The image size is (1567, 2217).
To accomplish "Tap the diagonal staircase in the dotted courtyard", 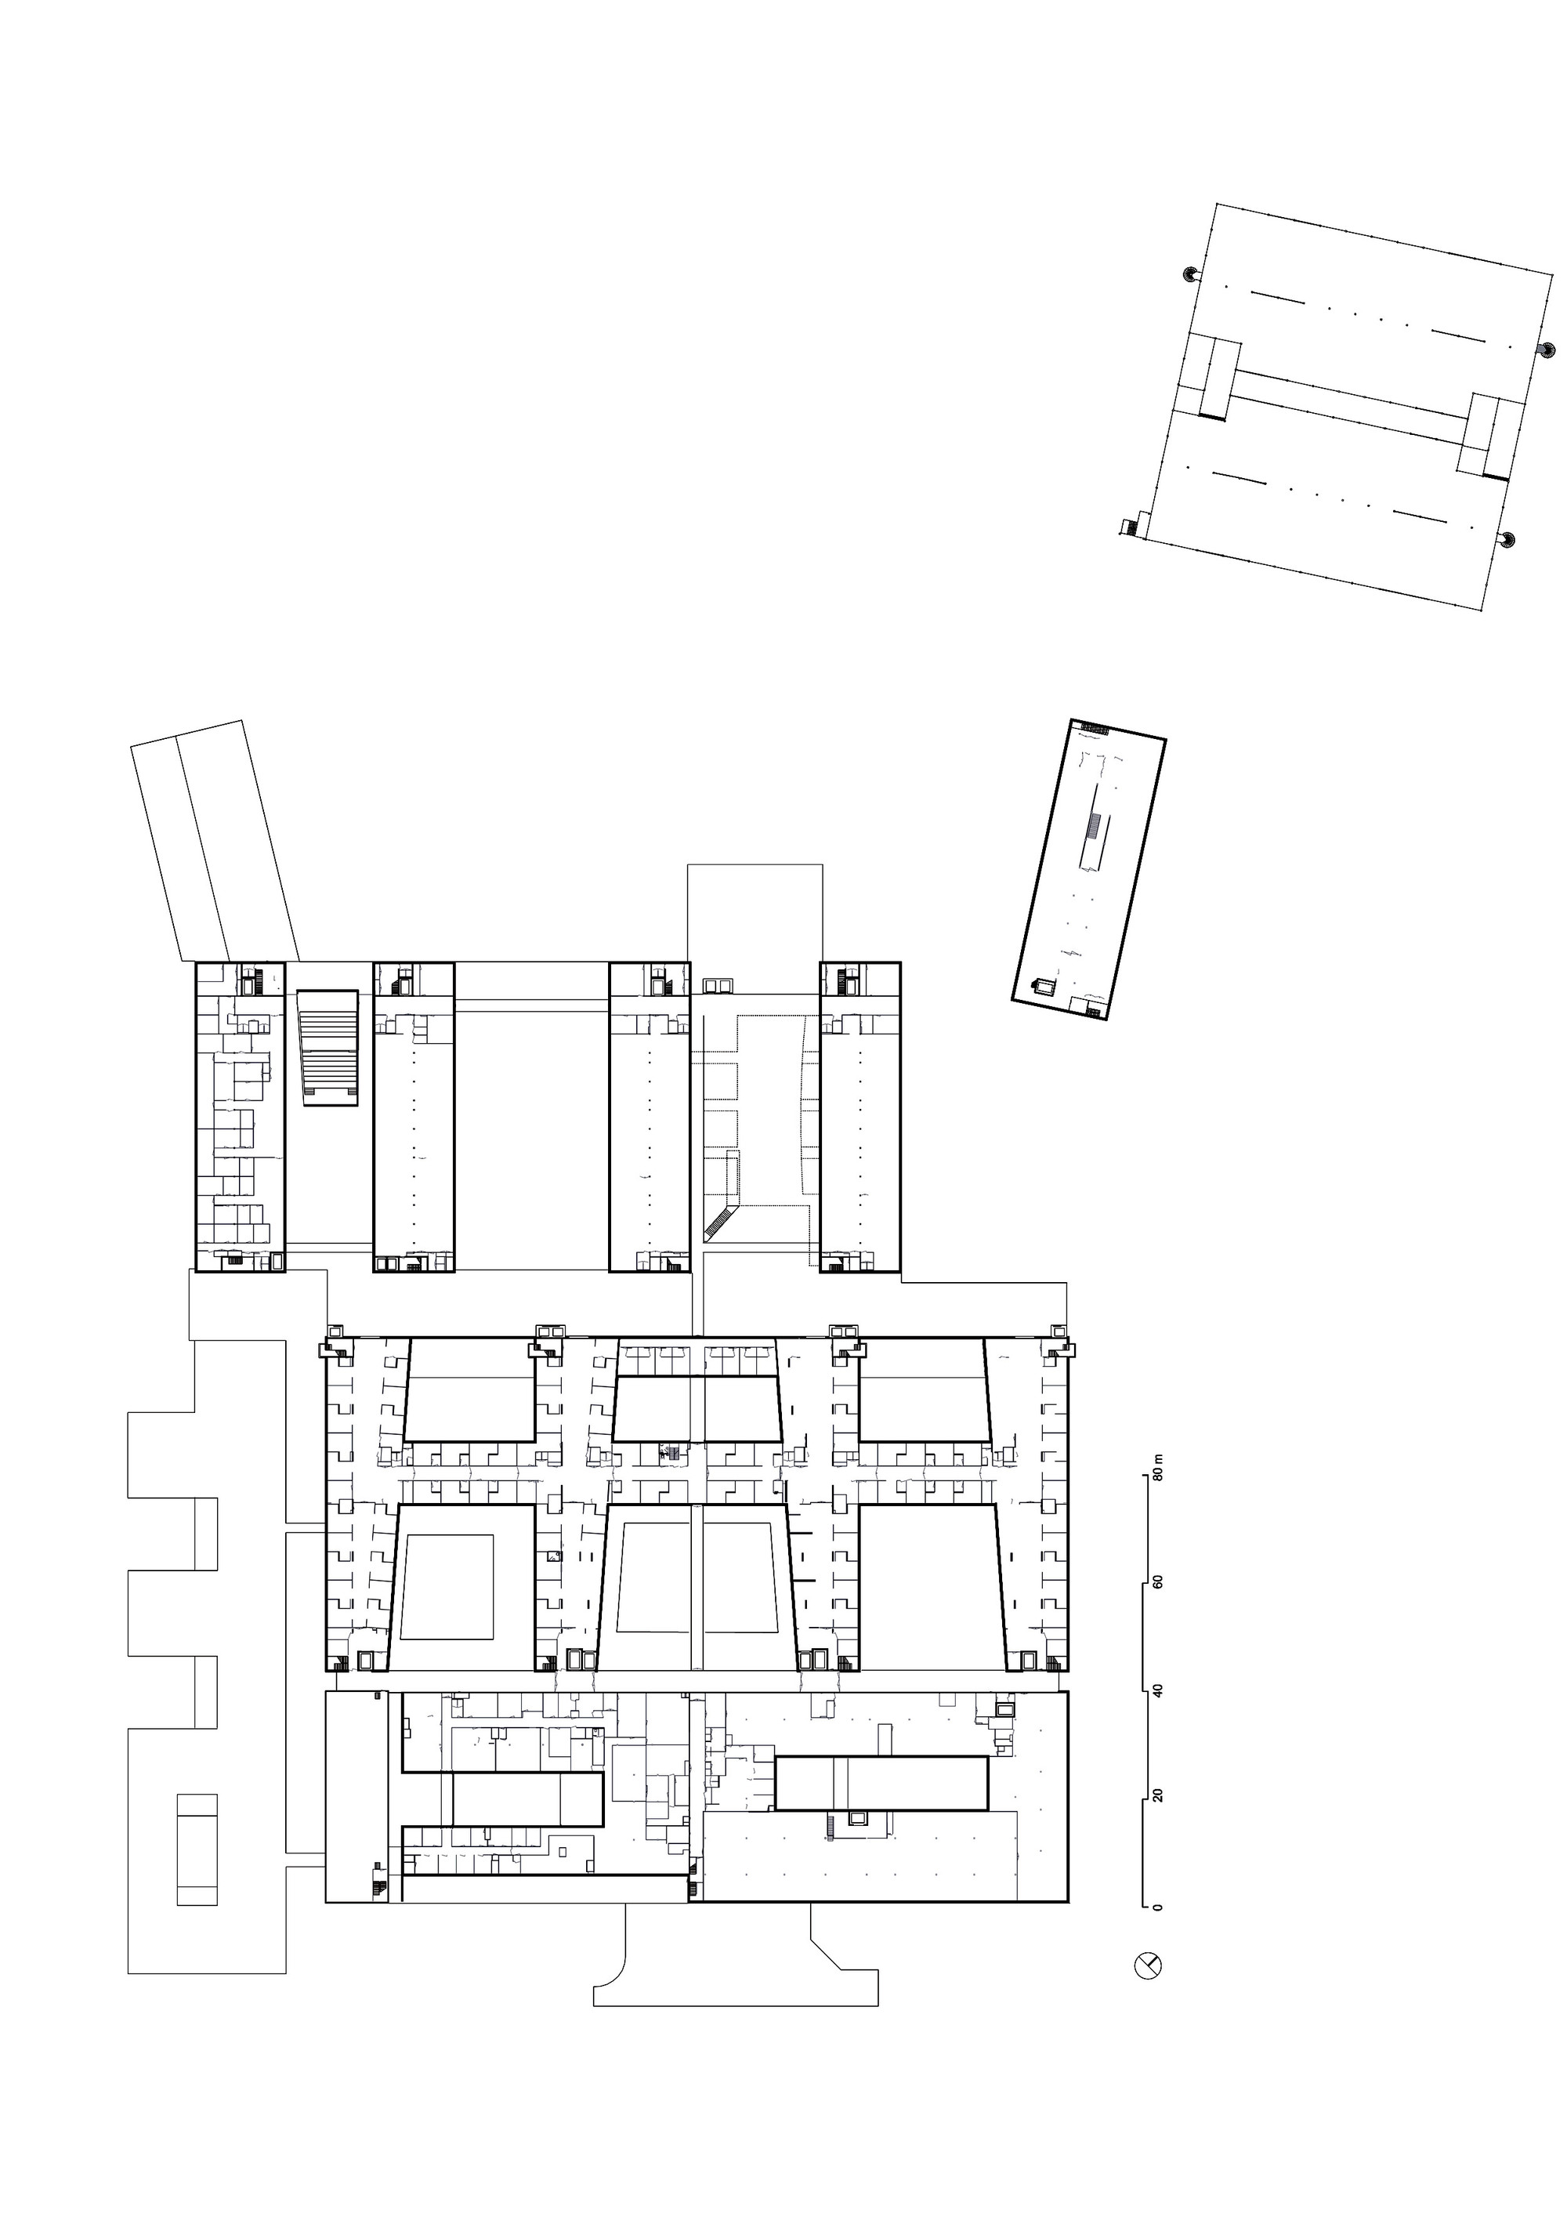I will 719,1222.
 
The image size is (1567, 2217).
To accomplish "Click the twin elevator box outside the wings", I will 719,985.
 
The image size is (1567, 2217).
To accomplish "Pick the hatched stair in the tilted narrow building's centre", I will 1094,827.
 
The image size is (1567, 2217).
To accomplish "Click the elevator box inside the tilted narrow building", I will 1043,986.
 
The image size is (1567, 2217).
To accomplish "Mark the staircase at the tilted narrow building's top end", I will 1095,726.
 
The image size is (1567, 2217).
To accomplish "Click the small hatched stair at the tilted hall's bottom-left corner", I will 1130,527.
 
